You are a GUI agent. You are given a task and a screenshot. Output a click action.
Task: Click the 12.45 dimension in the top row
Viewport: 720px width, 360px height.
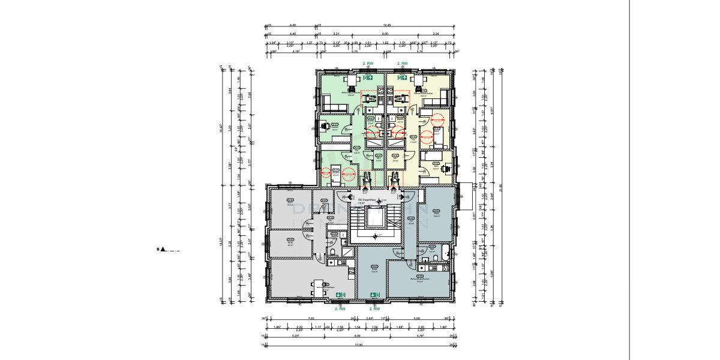pos(386,25)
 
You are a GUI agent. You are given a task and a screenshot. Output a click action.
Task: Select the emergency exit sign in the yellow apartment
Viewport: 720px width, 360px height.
pos(400,77)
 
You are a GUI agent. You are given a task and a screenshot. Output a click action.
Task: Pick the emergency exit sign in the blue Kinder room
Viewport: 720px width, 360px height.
pos(373,295)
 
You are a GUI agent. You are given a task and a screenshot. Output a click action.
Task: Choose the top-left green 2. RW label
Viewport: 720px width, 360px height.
pos(368,63)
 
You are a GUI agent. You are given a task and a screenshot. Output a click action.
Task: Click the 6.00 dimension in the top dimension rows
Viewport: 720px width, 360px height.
pos(385,34)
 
